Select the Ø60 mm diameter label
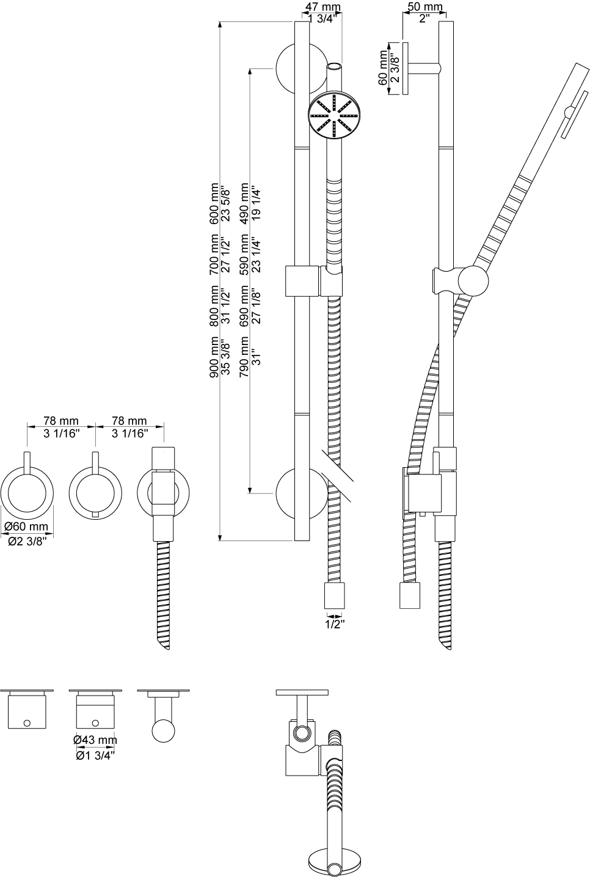(26, 526)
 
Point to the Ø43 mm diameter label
(95, 740)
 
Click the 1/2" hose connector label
(335, 624)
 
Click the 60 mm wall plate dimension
(382, 68)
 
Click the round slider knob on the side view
(473, 280)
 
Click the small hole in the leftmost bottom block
(27, 722)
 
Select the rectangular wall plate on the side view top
(404, 68)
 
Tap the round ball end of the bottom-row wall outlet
(163, 730)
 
